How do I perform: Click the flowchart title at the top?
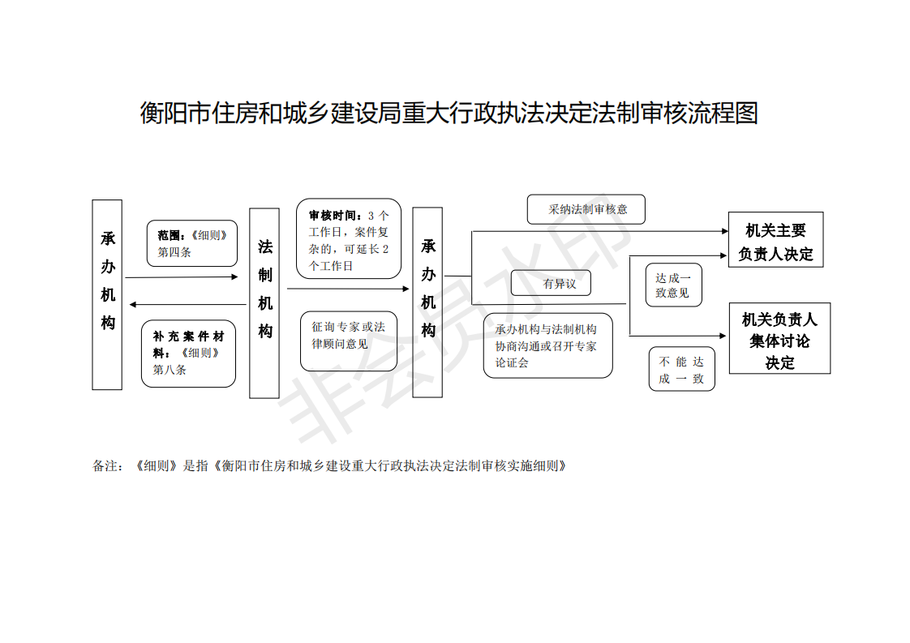point(449,113)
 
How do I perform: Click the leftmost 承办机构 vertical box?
point(107,295)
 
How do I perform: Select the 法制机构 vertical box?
point(264,303)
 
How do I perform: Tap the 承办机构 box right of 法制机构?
point(427,302)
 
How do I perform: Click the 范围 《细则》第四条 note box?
point(192,243)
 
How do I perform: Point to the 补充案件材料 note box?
point(189,354)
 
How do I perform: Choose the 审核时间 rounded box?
point(349,238)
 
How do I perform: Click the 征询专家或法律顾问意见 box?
point(349,341)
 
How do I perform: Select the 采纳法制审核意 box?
point(586,209)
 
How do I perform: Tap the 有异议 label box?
point(551,283)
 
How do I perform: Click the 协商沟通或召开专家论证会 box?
point(547,346)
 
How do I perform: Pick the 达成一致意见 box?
point(674,285)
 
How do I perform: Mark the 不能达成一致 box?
point(682,369)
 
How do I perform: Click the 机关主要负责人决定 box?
point(776,240)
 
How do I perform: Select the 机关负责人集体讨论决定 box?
point(780,338)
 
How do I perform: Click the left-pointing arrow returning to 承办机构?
point(188,305)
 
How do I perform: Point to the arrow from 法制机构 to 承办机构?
point(348,289)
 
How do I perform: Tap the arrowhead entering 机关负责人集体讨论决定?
point(723,336)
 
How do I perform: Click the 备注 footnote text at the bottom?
point(329,466)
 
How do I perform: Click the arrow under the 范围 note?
point(182,277)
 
